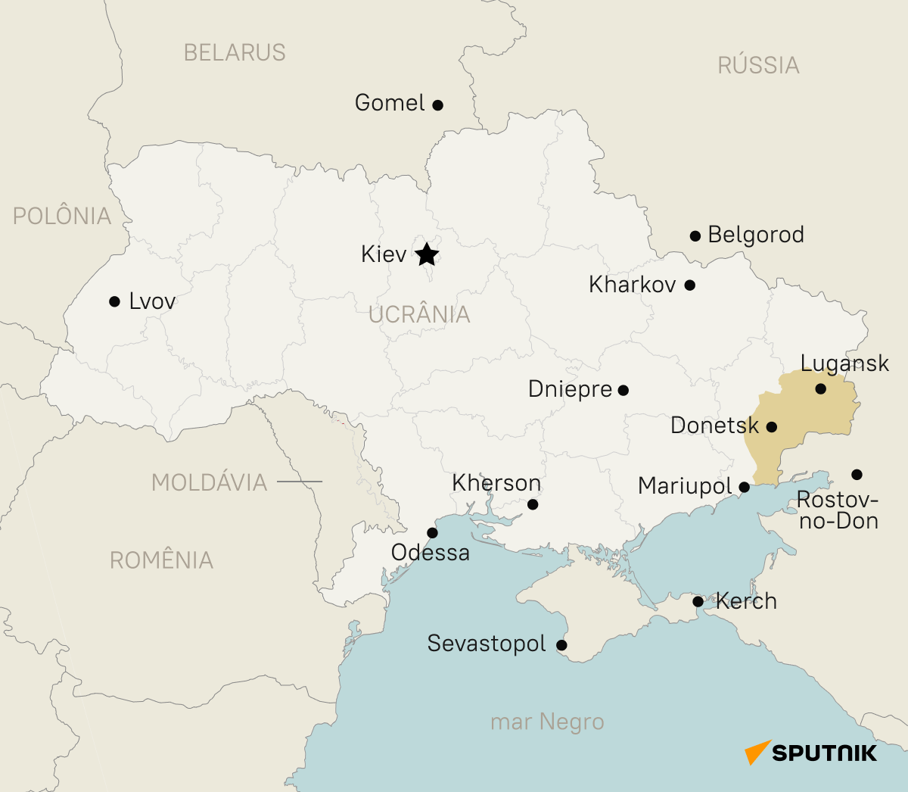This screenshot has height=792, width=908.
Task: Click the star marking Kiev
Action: [x=427, y=254]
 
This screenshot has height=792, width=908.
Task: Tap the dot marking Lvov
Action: [x=114, y=301]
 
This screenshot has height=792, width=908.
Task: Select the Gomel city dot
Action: [x=437, y=105]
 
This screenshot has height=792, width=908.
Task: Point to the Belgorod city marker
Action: [x=695, y=236]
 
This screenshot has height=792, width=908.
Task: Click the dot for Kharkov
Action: [x=689, y=285]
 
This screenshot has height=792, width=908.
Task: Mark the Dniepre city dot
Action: [x=623, y=391]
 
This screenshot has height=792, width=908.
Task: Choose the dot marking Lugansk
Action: [x=820, y=389]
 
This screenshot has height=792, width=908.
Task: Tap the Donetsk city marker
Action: [x=771, y=427]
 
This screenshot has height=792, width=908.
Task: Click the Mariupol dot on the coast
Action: [x=744, y=487]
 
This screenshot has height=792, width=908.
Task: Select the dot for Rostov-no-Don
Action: [x=856, y=475]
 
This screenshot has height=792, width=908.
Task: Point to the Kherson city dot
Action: [x=532, y=504]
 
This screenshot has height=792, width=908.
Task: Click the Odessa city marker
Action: [x=432, y=532]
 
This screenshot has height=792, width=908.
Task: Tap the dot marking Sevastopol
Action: [x=561, y=645]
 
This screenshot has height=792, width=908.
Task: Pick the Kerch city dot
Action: [x=698, y=602]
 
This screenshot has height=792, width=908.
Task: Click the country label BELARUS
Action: [x=235, y=53]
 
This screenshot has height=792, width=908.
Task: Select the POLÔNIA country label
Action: [x=62, y=217]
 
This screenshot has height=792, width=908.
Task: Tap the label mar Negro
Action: [x=547, y=722]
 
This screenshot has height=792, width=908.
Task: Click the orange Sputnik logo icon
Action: [x=757, y=752]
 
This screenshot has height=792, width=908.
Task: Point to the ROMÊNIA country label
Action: [x=161, y=560]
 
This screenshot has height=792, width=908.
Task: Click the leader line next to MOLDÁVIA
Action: [x=299, y=482]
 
